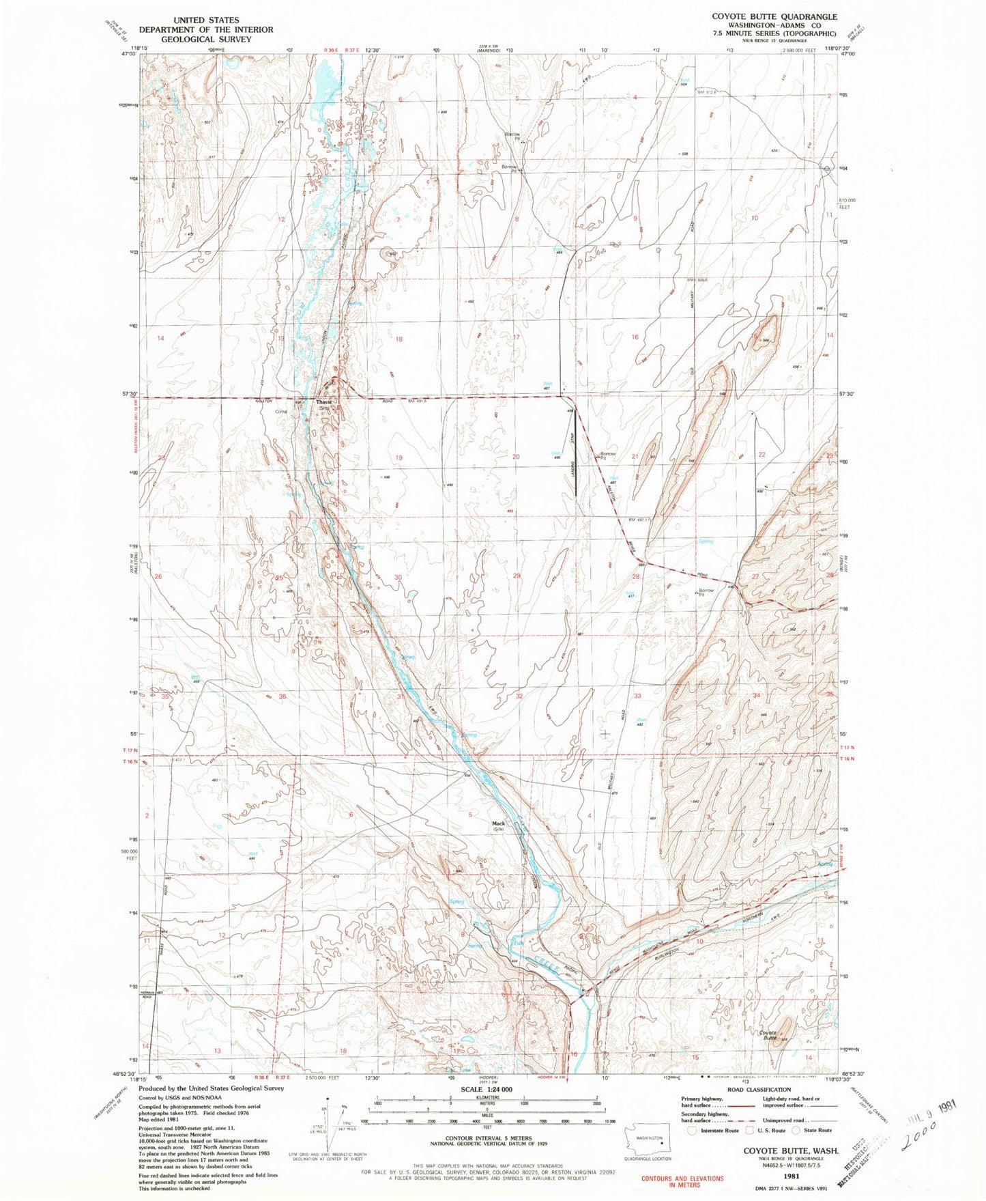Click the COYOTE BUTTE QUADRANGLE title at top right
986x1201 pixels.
pyautogui.click(x=774, y=16)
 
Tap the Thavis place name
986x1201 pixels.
pyautogui.click(x=323, y=402)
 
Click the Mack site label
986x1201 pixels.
pyautogui.click(x=499, y=823)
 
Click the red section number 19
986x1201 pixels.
pyautogui.click(x=398, y=457)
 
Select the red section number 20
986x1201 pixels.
pyautogui.click(x=516, y=457)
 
